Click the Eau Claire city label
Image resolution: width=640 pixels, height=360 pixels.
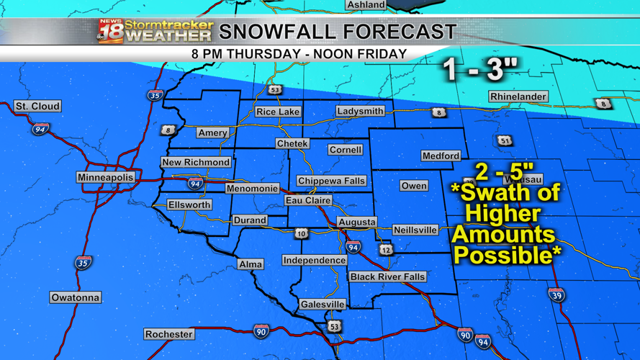pos(308,200)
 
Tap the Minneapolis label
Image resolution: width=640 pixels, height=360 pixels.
pos(106,177)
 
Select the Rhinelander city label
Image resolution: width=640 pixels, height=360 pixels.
pos(518,96)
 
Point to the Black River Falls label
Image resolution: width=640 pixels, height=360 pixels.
pos(387,276)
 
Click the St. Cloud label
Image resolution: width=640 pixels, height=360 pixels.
pos(37,106)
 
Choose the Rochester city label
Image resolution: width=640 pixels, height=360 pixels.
pos(169,334)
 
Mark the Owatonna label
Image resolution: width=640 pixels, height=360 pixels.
pos(76,297)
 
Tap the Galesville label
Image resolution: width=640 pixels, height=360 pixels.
pos(323,305)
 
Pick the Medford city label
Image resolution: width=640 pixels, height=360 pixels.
pos(441,156)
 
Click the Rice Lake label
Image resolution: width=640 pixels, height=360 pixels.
pos(278,112)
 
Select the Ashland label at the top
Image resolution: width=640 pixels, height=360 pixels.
pos(366,5)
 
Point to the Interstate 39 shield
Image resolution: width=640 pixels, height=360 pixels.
pos(556,294)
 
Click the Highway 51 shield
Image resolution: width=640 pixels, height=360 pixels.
pos(505,140)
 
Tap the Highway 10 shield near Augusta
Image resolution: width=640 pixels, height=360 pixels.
pos(302,233)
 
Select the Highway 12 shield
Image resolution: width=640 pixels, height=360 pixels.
pos(386,249)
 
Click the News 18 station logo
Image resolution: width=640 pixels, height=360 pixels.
pos(111,31)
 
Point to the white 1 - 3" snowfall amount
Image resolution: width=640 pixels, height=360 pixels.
pos(480,69)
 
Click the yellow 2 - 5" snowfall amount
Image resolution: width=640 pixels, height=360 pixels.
pos(504,172)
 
